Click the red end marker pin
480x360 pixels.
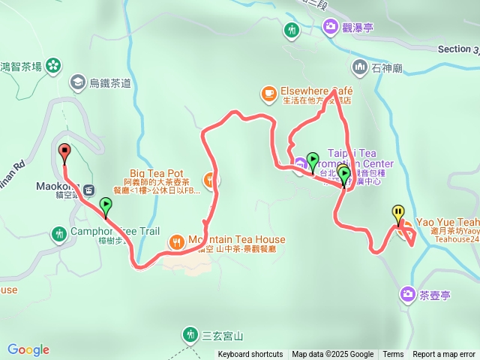[x=64, y=151]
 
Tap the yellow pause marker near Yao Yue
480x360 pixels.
[x=397, y=213]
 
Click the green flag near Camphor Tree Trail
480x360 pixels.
[x=106, y=205]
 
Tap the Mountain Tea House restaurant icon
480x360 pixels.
[x=177, y=241]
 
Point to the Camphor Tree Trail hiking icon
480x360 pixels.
[x=59, y=235]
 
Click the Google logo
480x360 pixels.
[x=28, y=349]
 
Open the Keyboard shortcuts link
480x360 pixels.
[x=250, y=355]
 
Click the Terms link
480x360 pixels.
[x=393, y=355]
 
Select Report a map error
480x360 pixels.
[x=444, y=355]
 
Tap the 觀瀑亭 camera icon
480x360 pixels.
[x=330, y=28]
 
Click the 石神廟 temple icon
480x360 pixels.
[x=360, y=67]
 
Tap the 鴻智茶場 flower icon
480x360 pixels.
[x=53, y=66]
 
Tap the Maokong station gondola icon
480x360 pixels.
[x=89, y=190]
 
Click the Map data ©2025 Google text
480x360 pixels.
[x=332, y=355]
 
